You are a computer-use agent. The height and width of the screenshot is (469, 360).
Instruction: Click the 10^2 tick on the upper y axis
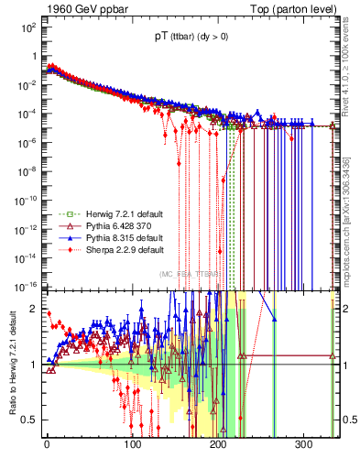point(28,27)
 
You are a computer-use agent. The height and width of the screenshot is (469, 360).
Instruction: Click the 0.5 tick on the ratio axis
point(29,420)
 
